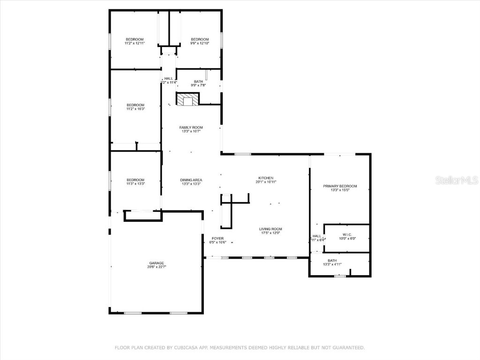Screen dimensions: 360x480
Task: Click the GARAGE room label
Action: [156, 263]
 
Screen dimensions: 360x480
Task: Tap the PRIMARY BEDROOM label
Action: [340, 186]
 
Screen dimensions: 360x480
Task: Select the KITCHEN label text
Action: [266, 178]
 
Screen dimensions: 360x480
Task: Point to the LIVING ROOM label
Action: [270, 229]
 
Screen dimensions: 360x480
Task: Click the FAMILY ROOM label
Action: [191, 127]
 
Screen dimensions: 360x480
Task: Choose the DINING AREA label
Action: [191, 180]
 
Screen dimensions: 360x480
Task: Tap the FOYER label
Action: [217, 239]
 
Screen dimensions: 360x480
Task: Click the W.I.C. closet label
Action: [347, 234]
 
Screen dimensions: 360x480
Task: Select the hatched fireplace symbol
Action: [187, 99]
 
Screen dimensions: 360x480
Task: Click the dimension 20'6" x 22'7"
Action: [157, 267]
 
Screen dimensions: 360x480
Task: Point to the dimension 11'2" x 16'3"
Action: [135, 109]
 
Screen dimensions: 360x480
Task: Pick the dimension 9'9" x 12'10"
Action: [199, 43]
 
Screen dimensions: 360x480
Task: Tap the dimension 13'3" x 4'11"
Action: [332, 264]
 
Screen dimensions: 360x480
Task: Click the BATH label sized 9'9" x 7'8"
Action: [199, 82]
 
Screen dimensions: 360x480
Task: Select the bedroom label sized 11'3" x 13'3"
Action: [135, 180]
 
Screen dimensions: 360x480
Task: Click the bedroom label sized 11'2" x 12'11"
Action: [134, 39]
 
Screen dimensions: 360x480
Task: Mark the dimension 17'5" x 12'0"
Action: [270, 233]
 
